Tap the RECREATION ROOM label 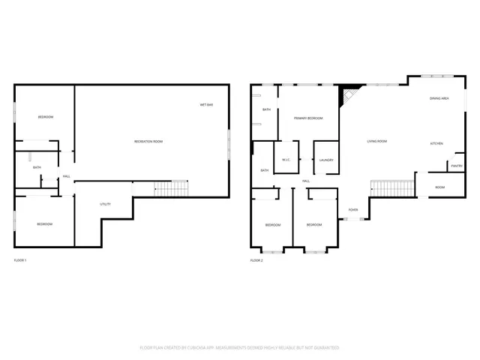coord(148,142)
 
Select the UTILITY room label coord(106,204)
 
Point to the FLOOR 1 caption coord(20,260)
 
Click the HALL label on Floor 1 coord(67,177)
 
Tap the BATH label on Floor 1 coord(36,167)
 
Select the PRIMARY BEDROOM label coord(308,118)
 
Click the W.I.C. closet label coord(286,160)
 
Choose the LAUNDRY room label coord(325,160)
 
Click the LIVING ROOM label coord(376,141)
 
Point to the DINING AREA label coord(439,98)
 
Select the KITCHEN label coord(436,143)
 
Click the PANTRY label coord(456,166)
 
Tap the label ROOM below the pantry coord(439,187)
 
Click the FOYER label coord(352,210)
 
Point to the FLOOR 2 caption coord(256,260)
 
